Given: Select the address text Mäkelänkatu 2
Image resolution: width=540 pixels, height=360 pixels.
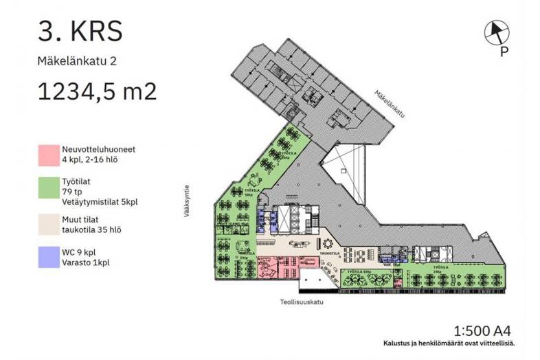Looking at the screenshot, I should pos(77,61).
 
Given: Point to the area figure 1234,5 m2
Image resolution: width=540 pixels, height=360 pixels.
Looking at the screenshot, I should pos(97,91).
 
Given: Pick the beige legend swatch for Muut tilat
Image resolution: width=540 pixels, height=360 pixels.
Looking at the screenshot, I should pos(48,224).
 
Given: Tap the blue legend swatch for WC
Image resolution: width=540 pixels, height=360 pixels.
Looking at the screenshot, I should pos(48,258).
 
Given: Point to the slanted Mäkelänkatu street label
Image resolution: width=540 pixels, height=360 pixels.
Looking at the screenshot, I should pos(389,104).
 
